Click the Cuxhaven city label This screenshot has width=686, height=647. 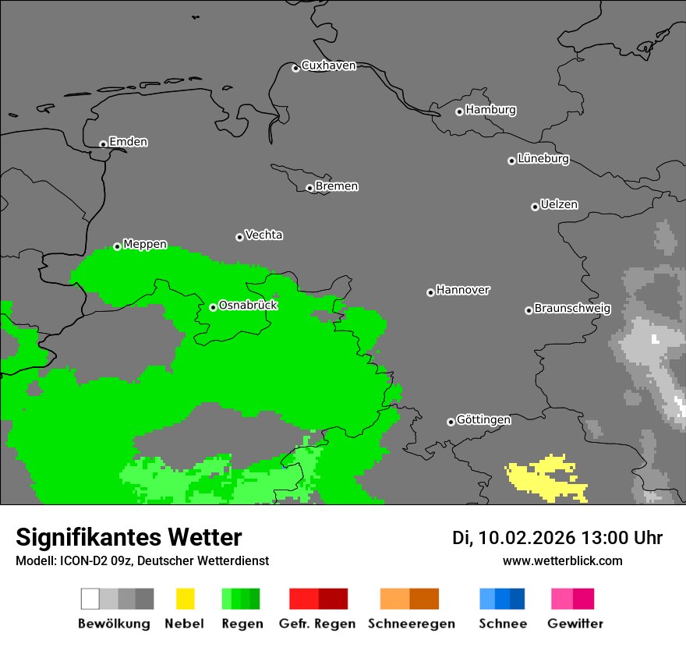(328, 65)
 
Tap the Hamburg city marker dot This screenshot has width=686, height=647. (459, 111)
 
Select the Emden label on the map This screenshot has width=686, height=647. (128, 142)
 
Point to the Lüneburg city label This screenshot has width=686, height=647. (543, 159)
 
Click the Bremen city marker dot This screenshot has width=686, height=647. (309, 188)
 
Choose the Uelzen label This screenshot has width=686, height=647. (559, 205)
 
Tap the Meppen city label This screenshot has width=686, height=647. (145, 245)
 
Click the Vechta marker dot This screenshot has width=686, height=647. (239, 237)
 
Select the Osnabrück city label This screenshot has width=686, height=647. (248, 306)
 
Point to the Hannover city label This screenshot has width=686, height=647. (463, 290)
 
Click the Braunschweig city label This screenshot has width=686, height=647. (572, 309)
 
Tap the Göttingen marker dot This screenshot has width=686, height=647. (451, 422)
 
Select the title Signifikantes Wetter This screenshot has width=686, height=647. (129, 537)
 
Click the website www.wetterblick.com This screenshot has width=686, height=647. (562, 560)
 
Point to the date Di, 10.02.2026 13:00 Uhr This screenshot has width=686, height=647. (557, 538)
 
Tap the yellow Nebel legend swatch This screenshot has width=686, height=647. (185, 599)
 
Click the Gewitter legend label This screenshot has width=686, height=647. (575, 624)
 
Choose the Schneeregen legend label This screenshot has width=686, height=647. (411, 624)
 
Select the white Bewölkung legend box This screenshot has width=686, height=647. (90, 599)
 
